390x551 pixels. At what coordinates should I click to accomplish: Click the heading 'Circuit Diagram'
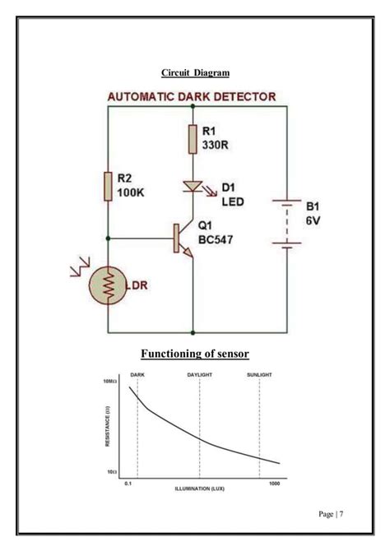pyautogui.click(x=195, y=73)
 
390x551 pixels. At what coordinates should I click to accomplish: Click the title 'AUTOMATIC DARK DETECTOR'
pyautogui.click(x=192, y=96)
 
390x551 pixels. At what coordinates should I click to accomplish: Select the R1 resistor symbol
pyautogui.click(x=192, y=139)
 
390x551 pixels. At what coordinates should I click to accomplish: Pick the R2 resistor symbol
pyautogui.click(x=107, y=187)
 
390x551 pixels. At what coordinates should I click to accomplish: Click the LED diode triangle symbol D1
pyautogui.click(x=192, y=188)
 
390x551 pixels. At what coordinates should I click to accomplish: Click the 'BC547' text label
pyautogui.click(x=219, y=240)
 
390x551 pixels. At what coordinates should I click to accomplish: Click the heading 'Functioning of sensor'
pyautogui.click(x=194, y=354)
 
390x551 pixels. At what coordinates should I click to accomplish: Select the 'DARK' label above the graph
pyautogui.click(x=137, y=374)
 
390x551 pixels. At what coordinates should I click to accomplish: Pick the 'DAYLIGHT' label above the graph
pyautogui.click(x=200, y=374)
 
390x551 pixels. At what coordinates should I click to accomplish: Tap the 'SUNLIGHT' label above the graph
pyautogui.click(x=259, y=374)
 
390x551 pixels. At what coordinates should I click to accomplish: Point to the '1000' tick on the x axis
pyautogui.click(x=275, y=482)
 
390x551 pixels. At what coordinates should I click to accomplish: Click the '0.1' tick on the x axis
pyautogui.click(x=128, y=482)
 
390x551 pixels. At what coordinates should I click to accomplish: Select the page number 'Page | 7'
pyautogui.click(x=331, y=514)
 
